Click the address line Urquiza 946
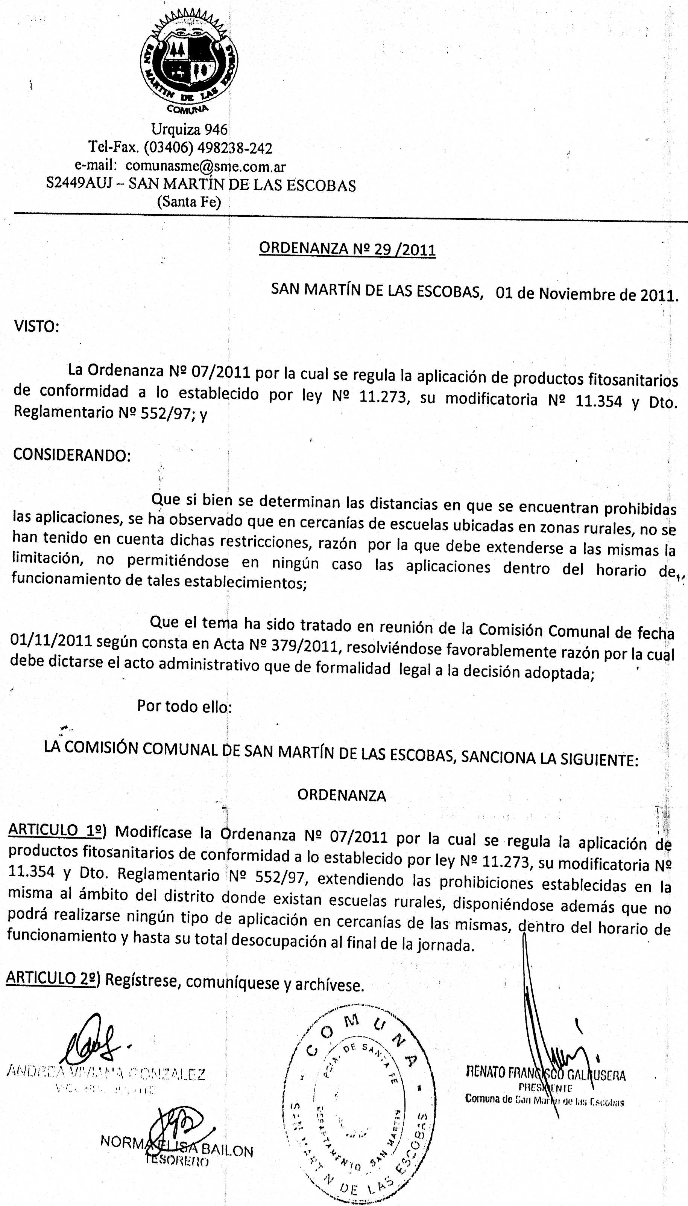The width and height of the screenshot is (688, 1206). point(189,129)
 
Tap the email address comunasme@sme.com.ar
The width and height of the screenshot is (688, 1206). point(205,166)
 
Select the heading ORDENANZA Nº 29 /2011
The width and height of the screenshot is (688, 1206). point(347,249)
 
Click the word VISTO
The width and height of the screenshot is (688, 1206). point(36,327)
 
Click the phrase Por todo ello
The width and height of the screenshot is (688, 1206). point(184,706)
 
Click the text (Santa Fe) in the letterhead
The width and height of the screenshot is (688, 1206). point(189,202)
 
